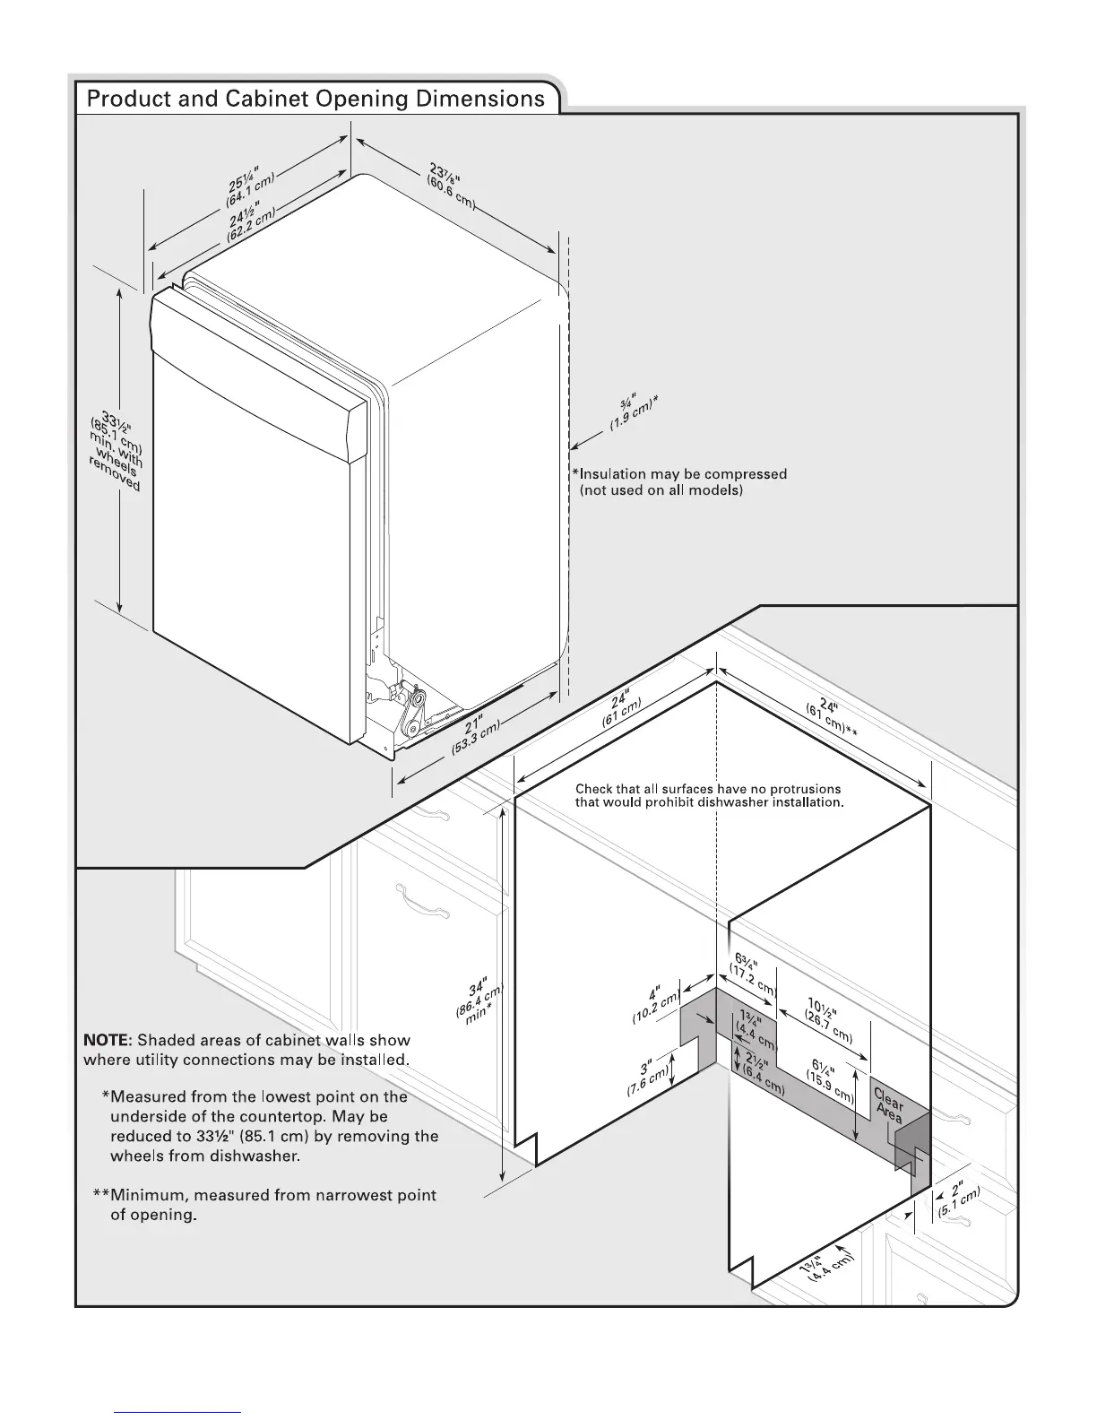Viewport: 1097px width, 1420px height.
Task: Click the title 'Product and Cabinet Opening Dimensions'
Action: point(315,99)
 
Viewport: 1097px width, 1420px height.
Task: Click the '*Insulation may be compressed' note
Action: point(680,474)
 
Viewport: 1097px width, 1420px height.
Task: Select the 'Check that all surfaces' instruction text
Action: point(708,795)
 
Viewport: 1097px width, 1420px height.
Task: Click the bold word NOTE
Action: point(108,1040)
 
